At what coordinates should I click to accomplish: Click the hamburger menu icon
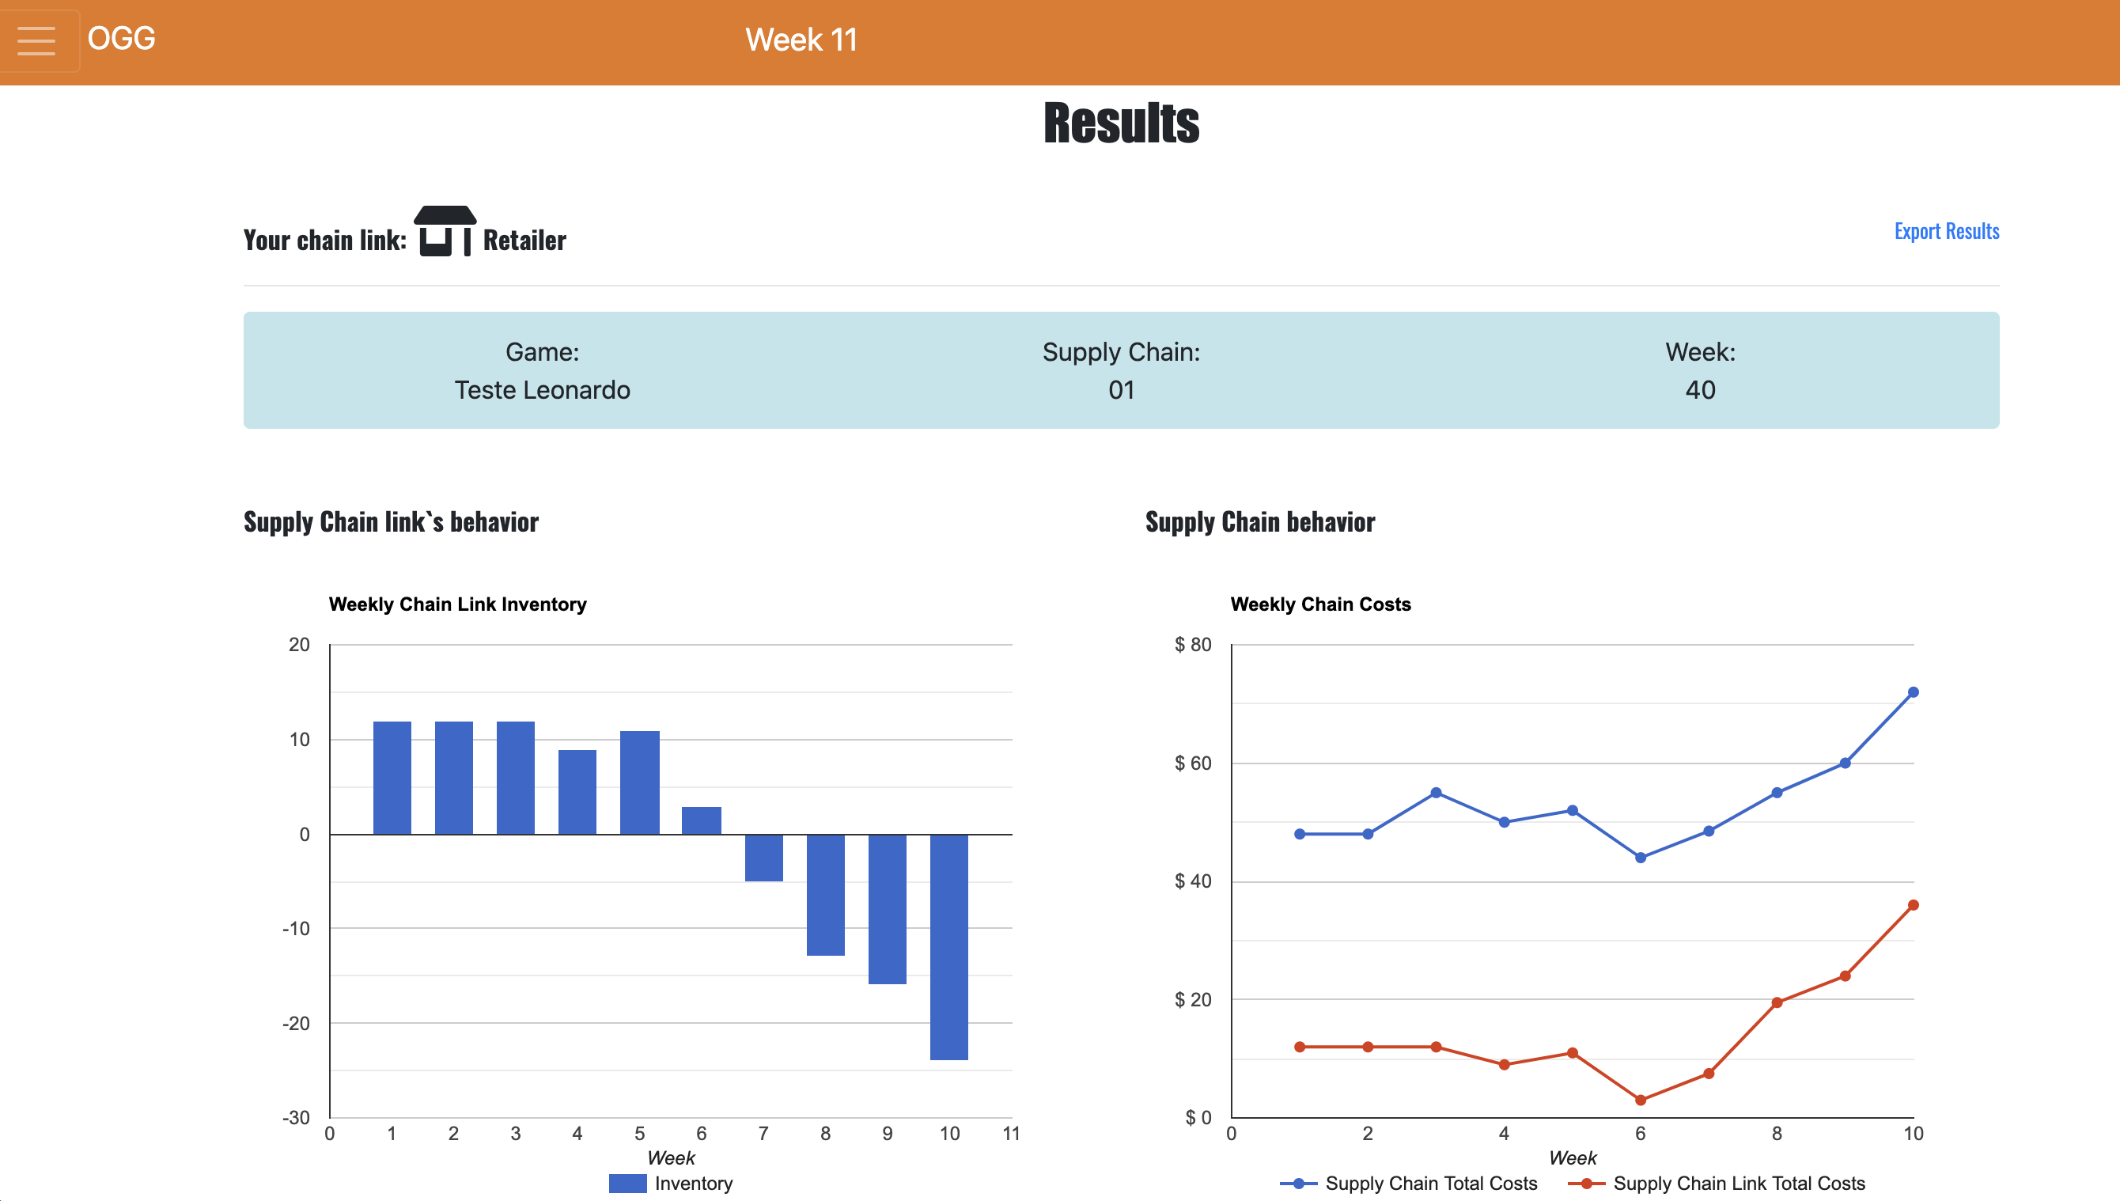(x=36, y=40)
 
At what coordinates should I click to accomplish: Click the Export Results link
(x=1946, y=231)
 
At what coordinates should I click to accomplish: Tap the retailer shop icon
(x=445, y=232)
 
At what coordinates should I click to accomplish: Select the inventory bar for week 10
(x=949, y=946)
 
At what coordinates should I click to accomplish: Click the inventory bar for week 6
(x=702, y=820)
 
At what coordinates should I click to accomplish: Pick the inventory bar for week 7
(x=763, y=858)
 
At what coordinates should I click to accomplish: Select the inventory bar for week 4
(x=577, y=792)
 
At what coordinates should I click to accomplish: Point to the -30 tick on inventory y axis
(x=296, y=1118)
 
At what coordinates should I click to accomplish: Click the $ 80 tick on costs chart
(x=1192, y=644)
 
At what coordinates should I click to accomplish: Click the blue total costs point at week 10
(x=1913, y=692)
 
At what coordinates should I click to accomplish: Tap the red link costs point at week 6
(x=1640, y=1100)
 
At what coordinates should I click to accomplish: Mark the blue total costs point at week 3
(x=1436, y=793)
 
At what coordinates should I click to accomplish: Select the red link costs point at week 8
(x=1777, y=1003)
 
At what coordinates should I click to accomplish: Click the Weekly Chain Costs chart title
(x=1320, y=604)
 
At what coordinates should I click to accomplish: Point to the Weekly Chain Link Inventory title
(x=458, y=604)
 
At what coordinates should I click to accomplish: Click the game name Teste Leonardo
(x=542, y=390)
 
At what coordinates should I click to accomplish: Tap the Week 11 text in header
(x=801, y=40)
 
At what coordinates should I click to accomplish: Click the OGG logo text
(x=121, y=38)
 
